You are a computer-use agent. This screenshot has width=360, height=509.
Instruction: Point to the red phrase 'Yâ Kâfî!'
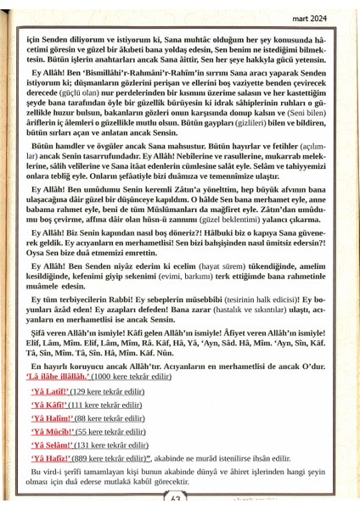pos(47,405)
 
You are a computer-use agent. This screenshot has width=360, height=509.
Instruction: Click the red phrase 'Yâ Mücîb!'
pos(49,433)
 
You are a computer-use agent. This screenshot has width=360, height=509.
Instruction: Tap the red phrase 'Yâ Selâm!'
pos(49,446)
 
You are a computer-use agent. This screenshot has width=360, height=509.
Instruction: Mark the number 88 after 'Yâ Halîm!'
pos(82,418)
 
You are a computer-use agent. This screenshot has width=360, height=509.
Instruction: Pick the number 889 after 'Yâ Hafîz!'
pos(86,459)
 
